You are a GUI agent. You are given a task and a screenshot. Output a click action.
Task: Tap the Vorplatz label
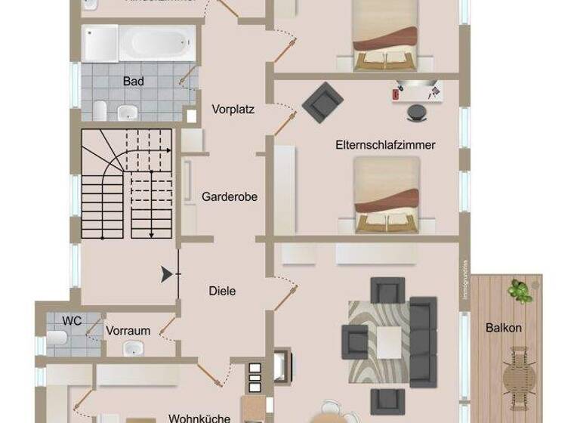(233, 109)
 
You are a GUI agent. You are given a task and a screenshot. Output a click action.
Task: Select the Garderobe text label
(230, 196)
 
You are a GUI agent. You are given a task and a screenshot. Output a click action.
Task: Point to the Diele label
(222, 291)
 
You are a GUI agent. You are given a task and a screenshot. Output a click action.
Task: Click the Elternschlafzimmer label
(386, 144)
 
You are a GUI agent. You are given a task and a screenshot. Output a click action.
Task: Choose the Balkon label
(504, 329)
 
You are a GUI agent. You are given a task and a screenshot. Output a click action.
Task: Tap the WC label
(72, 320)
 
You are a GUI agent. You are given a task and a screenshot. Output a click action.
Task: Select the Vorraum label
(128, 331)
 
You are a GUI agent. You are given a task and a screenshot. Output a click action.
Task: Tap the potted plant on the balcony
(517, 289)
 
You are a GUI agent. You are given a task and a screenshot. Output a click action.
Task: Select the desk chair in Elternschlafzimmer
(416, 112)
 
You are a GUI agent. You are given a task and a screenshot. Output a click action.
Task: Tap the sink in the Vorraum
(135, 349)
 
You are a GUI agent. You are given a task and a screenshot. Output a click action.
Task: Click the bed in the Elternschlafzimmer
(386, 193)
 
